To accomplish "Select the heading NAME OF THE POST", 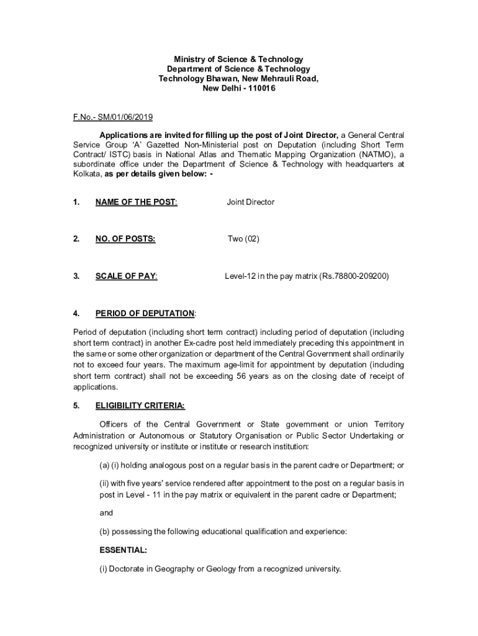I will pos(136,202).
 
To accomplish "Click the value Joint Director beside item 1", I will pos(250,202).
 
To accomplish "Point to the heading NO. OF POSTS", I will pos(125,238).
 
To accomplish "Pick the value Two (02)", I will pos(243,238).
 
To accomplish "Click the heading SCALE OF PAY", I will pos(126,276).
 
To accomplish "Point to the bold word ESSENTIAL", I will pos(124,550).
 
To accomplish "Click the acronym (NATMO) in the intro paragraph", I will pos(377,155).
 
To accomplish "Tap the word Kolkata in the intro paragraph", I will pos(87,175).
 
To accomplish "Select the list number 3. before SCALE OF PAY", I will pos(76,276).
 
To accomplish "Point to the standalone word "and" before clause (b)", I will pos(106,513).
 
